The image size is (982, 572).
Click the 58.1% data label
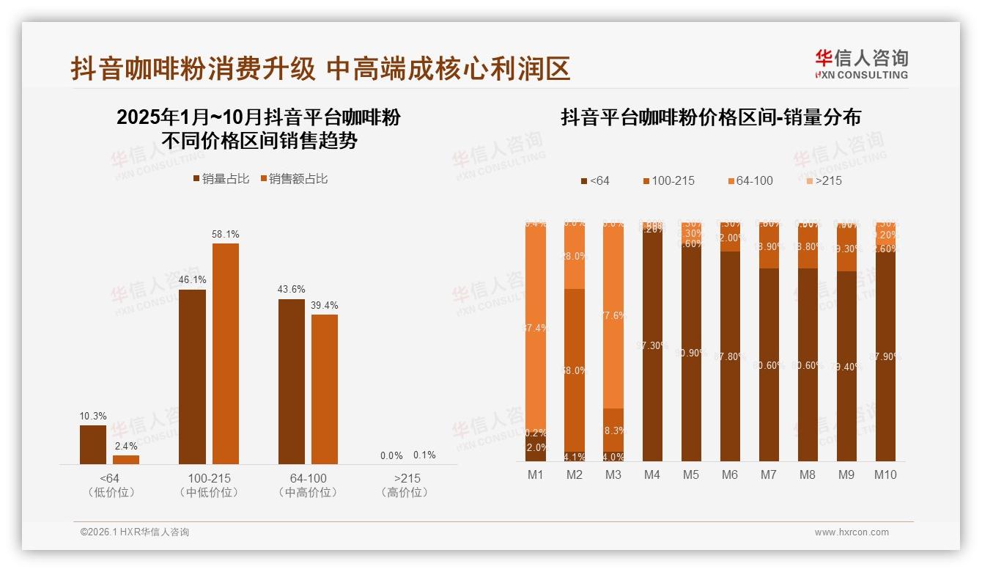(x=226, y=234)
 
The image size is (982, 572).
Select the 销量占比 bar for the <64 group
(x=93, y=444)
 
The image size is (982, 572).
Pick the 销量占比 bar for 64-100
(x=292, y=381)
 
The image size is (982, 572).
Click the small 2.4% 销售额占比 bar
(x=126, y=460)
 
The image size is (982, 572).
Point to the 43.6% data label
(x=292, y=290)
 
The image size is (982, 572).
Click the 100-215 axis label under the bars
(x=209, y=478)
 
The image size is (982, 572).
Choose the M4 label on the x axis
(x=652, y=475)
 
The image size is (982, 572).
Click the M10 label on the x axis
(x=885, y=475)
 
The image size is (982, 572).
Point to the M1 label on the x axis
(x=536, y=475)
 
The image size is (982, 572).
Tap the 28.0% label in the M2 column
(x=575, y=256)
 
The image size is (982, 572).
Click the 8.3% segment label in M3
(x=613, y=430)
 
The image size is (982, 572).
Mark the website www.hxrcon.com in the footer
(x=852, y=532)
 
